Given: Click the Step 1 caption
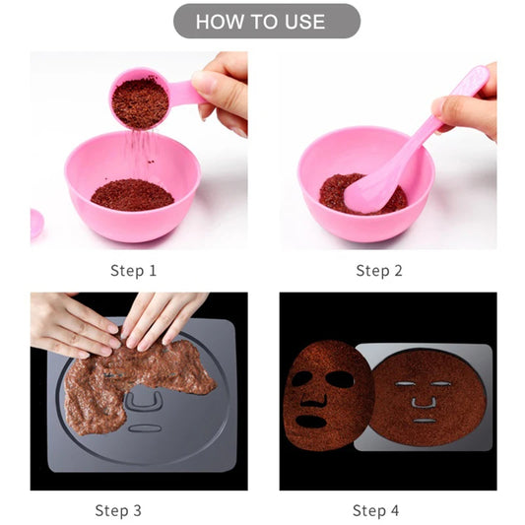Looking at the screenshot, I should click(133, 270).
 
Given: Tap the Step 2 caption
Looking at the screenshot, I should click(379, 270).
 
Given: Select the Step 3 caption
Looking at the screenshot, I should click(118, 509).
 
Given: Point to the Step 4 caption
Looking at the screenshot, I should click(375, 509).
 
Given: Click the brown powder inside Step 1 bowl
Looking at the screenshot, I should click(132, 194).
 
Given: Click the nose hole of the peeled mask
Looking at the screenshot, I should click(312, 397).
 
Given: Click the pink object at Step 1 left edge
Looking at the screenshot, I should click(35, 223).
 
